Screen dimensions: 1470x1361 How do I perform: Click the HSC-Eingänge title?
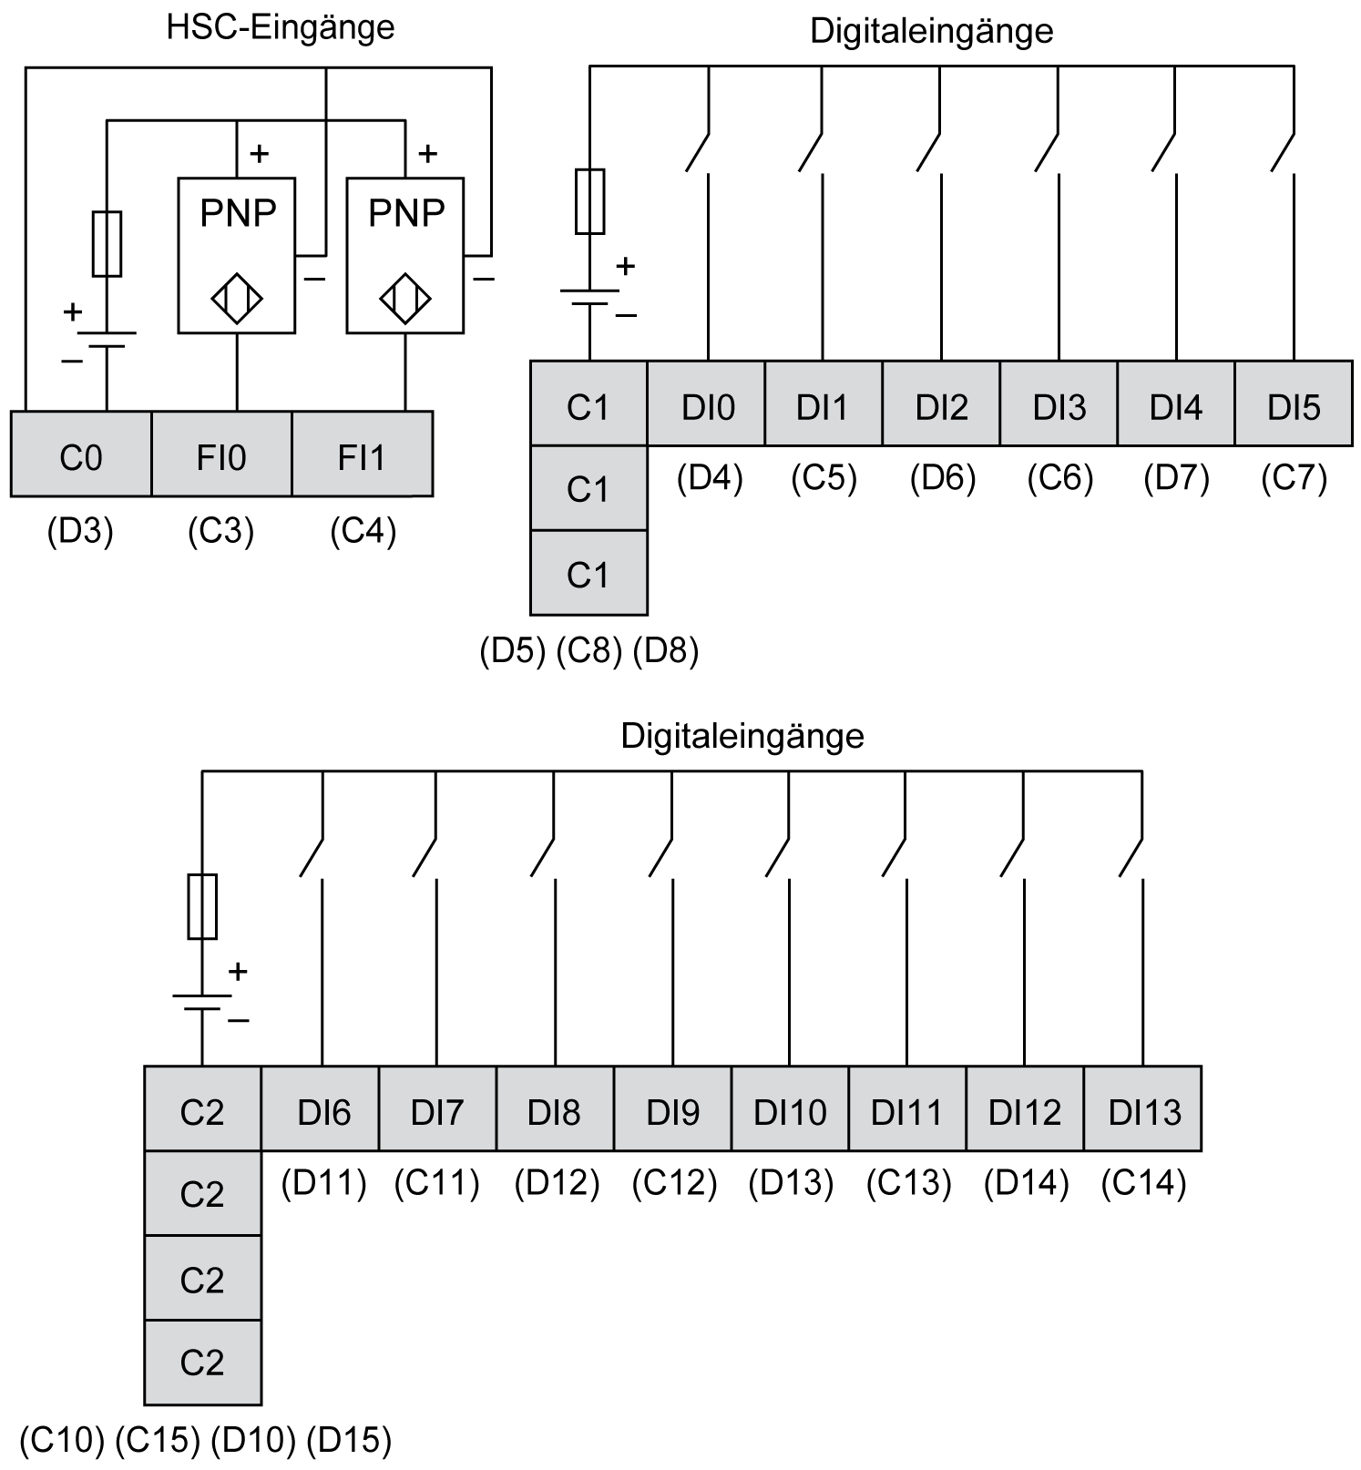(281, 27)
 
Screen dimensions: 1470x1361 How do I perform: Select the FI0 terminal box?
(221, 454)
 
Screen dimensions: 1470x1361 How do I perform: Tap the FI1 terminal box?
(362, 454)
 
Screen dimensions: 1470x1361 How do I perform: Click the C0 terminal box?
(81, 454)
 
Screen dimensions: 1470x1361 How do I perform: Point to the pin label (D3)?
(80, 531)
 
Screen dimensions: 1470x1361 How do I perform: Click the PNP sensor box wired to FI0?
(237, 255)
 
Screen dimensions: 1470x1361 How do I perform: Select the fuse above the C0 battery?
(107, 244)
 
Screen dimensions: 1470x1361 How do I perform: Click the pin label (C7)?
(1294, 477)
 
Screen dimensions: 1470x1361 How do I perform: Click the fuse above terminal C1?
(589, 201)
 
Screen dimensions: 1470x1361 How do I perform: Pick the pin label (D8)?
(666, 650)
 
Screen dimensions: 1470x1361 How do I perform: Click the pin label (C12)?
(674, 1183)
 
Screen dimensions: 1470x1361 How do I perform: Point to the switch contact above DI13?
(1131, 857)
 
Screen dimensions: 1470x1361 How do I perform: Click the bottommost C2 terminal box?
(202, 1362)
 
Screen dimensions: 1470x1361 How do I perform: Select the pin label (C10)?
(62, 1440)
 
